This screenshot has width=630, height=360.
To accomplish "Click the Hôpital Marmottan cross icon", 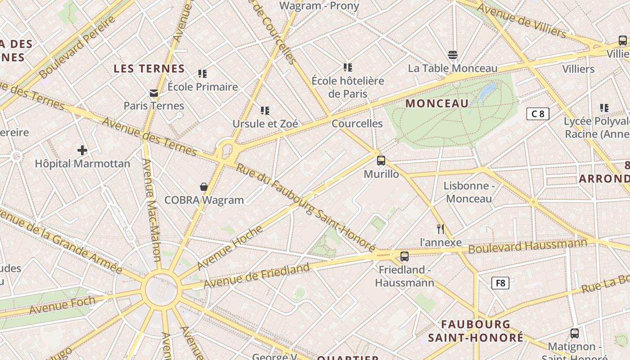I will [x=82, y=150].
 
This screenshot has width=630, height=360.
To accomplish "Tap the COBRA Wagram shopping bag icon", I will [x=204, y=187].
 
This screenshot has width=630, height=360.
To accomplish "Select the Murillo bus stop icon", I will [x=381, y=161].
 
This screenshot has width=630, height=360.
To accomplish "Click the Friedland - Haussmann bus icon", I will [x=405, y=256].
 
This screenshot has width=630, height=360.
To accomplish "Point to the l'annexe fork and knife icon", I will [x=441, y=229].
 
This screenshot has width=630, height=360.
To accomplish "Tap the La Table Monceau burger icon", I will [x=453, y=55].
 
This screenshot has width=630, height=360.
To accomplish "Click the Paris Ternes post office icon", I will [x=154, y=93].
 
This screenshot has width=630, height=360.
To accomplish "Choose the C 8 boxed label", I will [x=538, y=114].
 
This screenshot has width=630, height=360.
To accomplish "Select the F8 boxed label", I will [x=500, y=283].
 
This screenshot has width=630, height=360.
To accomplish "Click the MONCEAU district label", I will [x=437, y=103].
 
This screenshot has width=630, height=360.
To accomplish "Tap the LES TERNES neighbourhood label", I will [x=149, y=69].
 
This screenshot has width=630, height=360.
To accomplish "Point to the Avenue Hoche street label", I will [x=229, y=247].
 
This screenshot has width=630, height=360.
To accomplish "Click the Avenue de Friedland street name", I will [x=257, y=276].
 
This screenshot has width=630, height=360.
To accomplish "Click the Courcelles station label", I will [x=357, y=124].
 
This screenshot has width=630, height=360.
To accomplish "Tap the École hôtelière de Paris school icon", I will [x=347, y=67].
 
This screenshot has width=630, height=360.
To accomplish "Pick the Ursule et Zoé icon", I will [x=265, y=110].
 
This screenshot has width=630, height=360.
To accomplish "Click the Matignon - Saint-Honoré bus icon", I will [x=575, y=333].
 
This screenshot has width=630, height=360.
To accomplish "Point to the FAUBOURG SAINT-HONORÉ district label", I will [x=476, y=331].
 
